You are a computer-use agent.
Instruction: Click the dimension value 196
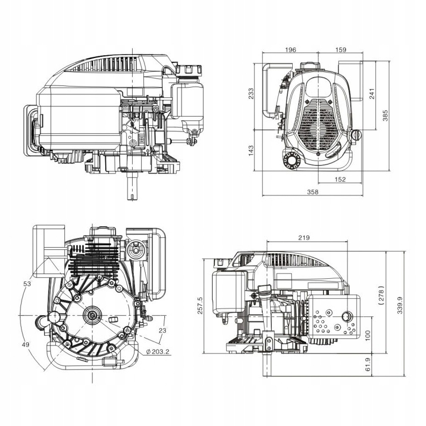[291, 50]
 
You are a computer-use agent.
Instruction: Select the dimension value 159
[340, 50]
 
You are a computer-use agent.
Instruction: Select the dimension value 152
[340, 179]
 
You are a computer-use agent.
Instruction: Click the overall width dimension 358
[313, 192]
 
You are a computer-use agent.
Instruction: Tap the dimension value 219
[305, 237]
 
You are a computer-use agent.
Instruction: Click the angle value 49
[26, 344]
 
